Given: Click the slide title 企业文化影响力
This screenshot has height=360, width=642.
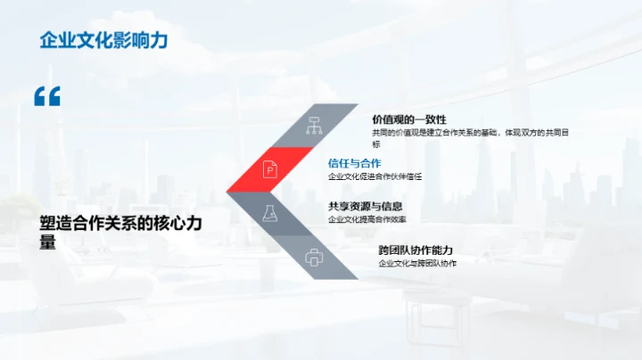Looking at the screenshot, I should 104,39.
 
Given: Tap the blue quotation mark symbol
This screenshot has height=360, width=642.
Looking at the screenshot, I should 47,97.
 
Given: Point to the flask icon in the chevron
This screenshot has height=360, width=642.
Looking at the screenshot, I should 267,213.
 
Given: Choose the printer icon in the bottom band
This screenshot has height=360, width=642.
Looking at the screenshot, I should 313,258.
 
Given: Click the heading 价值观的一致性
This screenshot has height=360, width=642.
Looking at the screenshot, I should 409,119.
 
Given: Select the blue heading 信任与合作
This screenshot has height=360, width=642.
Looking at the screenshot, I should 354,163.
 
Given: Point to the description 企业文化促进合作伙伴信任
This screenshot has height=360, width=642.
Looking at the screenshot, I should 374,176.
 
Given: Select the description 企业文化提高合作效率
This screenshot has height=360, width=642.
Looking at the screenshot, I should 367,219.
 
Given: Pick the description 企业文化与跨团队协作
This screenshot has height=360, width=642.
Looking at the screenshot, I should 417,264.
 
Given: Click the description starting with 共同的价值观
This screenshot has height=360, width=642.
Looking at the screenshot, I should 471,133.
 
